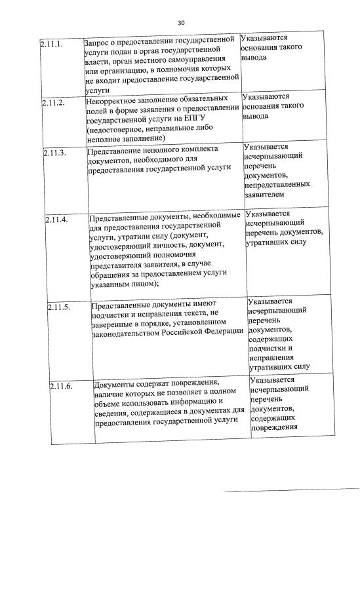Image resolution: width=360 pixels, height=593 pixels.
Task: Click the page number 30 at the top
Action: coord(181,24)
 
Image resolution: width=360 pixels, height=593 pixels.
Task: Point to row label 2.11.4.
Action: coord(57,219)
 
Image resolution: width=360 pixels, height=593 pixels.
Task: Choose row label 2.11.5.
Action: coord(59,307)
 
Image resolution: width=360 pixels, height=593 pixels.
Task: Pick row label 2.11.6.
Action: coord(62,385)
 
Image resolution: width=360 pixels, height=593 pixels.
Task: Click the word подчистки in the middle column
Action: coord(111,315)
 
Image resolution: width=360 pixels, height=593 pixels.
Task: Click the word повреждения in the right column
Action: coord(274,427)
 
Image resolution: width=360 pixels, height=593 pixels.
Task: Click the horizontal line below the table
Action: coord(292,489)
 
